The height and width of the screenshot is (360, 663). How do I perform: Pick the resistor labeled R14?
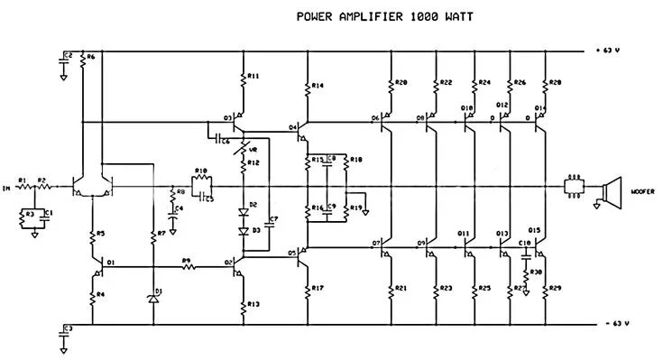(x=308, y=88)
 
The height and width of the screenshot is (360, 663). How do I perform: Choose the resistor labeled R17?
(x=308, y=290)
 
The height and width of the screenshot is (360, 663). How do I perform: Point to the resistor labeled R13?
(x=244, y=305)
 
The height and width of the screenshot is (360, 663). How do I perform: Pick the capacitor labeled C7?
(x=266, y=219)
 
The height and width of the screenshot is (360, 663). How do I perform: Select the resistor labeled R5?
(x=92, y=236)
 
